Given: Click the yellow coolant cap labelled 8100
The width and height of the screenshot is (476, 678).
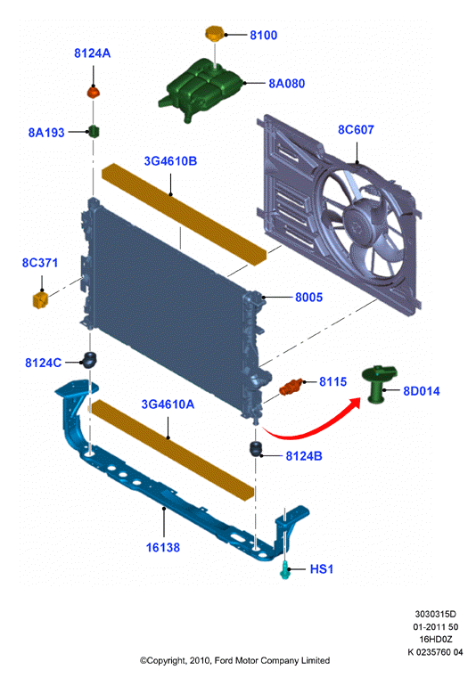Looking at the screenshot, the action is (x=213, y=33).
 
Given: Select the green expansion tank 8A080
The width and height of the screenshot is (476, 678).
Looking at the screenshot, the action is (x=201, y=89).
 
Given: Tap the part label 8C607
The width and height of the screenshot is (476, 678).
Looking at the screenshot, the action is (x=356, y=129).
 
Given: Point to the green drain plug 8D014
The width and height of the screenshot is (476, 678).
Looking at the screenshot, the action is (x=378, y=383).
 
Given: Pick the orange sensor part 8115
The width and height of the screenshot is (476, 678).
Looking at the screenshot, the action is (x=291, y=387).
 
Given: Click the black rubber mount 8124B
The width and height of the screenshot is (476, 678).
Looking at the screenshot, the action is (x=256, y=448).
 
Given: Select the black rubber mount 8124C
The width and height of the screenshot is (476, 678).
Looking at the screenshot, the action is (x=89, y=360).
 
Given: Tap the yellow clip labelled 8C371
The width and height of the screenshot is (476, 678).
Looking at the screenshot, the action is (x=40, y=299).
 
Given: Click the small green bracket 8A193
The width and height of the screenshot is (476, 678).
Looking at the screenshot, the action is (x=94, y=131).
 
